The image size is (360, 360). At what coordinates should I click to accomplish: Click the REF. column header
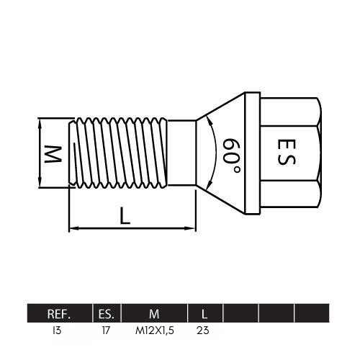click(x=59, y=314)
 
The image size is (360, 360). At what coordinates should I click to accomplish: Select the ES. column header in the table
click(x=107, y=314)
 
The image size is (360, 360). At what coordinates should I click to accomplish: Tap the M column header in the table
click(x=154, y=314)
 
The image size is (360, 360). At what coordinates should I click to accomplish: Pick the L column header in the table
click(x=204, y=314)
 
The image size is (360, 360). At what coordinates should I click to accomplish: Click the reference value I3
click(x=57, y=330)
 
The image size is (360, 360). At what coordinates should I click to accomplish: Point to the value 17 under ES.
click(x=106, y=330)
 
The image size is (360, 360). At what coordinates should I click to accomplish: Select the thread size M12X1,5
click(x=155, y=330)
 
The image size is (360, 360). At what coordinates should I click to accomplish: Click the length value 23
click(x=203, y=330)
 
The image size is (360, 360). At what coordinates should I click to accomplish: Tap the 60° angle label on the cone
click(x=231, y=156)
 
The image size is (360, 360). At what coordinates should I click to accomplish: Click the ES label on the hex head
click(x=286, y=152)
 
